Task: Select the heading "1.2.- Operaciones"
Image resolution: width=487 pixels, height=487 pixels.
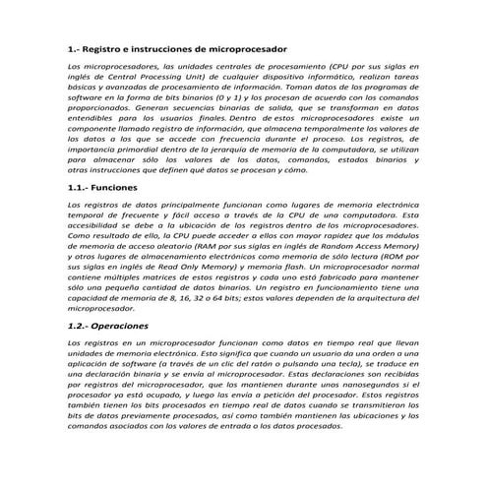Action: (x=107, y=324)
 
